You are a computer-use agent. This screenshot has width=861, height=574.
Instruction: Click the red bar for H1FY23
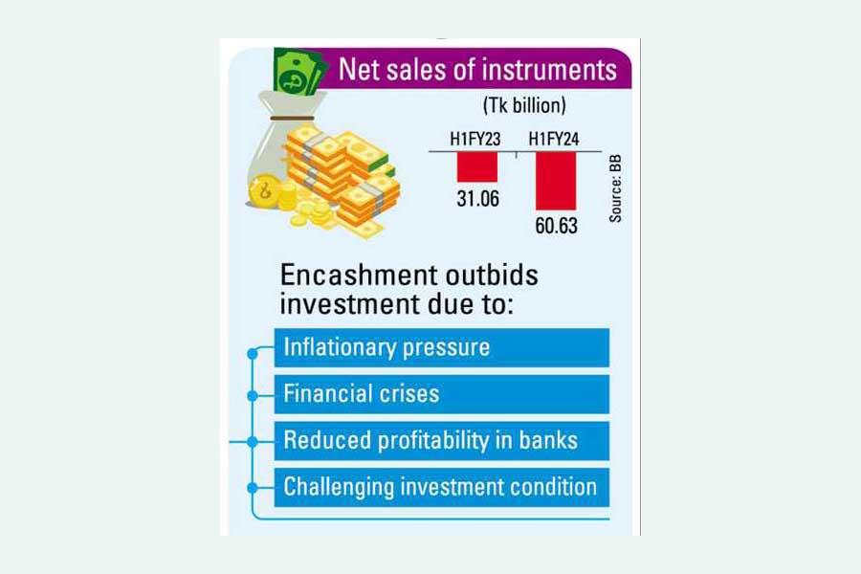(476, 167)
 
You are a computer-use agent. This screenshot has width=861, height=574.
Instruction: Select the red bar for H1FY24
(556, 181)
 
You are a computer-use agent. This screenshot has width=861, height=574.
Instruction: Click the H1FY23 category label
(476, 140)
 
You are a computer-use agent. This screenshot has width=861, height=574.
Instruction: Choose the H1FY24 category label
(556, 140)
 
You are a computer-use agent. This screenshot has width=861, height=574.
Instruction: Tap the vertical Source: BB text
(615, 187)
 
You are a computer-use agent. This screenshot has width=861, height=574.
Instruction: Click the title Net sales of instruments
(477, 70)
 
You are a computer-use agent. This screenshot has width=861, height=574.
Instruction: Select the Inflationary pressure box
(441, 347)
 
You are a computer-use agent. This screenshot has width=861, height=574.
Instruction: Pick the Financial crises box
(441, 394)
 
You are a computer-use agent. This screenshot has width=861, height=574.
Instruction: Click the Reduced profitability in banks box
(441, 441)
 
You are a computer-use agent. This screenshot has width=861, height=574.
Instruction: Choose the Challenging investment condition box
(441, 487)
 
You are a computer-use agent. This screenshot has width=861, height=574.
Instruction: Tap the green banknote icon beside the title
(298, 72)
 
